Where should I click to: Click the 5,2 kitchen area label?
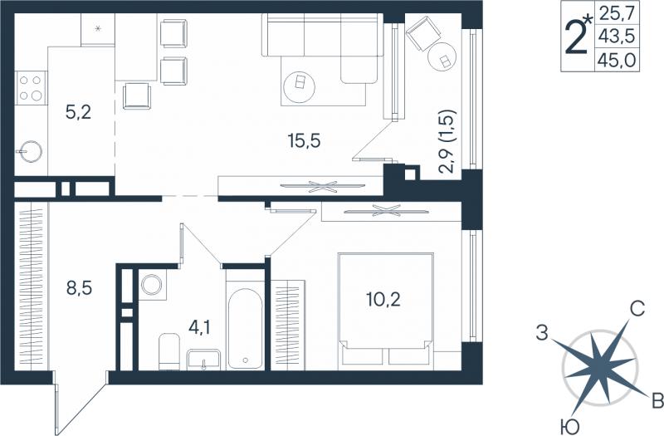click(79, 112)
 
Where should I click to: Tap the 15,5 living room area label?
click(304, 140)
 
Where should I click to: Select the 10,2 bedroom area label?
click(383, 300)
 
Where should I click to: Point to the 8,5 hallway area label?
click(79, 287)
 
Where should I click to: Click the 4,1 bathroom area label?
click(199, 327)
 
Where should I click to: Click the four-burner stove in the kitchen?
click(31, 88)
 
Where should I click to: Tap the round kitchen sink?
click(30, 152)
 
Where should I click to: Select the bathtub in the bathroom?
click(245, 328)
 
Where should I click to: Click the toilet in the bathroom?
click(169, 351)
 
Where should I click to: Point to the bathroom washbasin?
click(203, 360)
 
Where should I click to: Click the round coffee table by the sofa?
click(300, 87)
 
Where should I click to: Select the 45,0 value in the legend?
click(616, 61)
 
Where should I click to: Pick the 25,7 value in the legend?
click(616, 14)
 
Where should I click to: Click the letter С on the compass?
click(637, 309)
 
